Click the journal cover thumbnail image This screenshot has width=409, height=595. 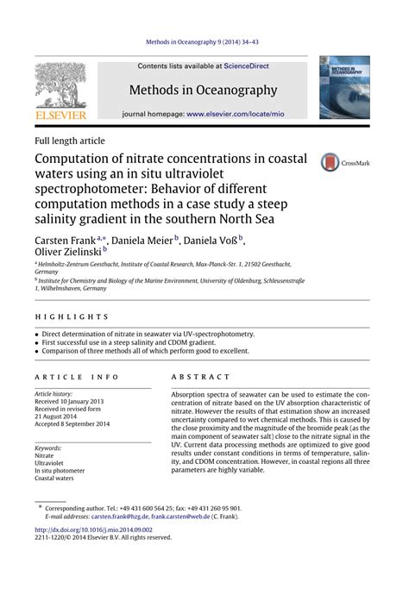pos(344,87)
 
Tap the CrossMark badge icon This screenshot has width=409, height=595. pos(330,162)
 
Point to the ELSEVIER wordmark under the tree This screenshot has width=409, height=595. pos(60,114)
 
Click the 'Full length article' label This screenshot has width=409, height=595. pos(70,140)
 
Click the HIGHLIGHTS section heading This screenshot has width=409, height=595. pos(72,316)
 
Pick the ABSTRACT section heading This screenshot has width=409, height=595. pos(200,377)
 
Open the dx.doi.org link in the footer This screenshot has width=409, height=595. pos(93,529)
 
